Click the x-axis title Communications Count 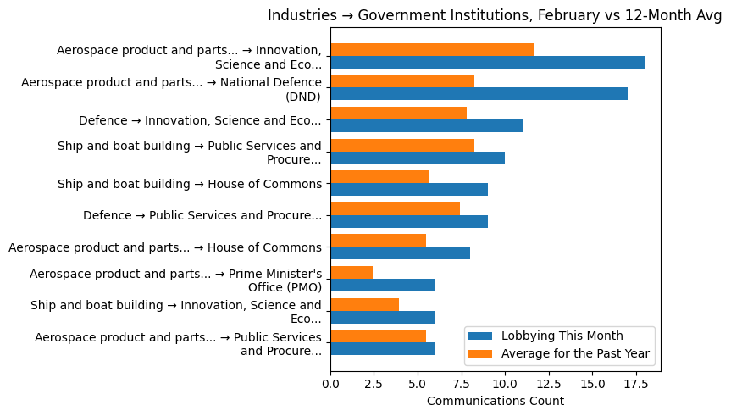pos(495,401)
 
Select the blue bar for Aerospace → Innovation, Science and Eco pos(487,62)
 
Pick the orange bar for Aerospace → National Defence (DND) pos(401,81)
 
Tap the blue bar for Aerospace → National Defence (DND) pos(479,94)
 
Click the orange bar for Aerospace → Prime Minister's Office pos(352,272)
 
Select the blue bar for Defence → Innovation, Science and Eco pos(426,125)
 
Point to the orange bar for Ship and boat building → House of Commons pos(379,177)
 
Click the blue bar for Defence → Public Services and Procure pos(409,221)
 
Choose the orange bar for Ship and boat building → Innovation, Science pos(364,304)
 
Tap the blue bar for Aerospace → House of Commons pos(400,252)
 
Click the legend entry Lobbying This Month pos(562,335)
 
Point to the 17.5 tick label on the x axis pos(635,385)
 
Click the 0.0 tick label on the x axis pos(330,385)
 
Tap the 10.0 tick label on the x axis pos(505,385)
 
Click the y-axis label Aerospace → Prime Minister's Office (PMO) pos(175,280)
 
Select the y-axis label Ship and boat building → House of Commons pos(189,184)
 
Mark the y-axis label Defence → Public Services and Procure pos(202,215)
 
